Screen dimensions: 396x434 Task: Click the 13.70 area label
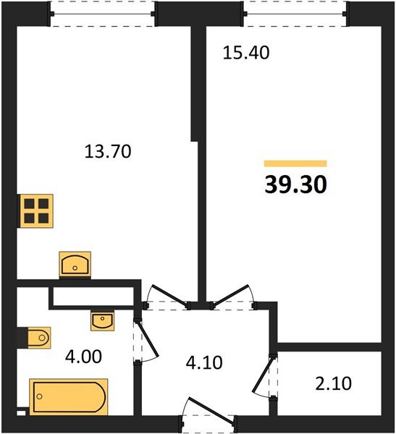point(108,152)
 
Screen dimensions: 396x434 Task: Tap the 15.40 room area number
point(246,53)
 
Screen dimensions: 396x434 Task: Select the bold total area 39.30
point(295,184)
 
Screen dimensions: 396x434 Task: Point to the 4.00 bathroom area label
point(83,357)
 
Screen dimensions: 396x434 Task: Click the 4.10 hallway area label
point(204,362)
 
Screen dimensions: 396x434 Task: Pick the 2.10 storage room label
point(333,383)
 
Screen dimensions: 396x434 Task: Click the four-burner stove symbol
point(36,211)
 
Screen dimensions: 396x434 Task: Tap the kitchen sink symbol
point(75,264)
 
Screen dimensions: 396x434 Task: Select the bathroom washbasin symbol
point(103,321)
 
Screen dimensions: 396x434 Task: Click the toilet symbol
point(38,338)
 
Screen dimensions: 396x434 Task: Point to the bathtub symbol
point(69,397)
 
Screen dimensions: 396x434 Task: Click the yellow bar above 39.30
point(295,163)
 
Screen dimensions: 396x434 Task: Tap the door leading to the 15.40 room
point(232,296)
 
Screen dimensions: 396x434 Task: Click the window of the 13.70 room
point(102,14)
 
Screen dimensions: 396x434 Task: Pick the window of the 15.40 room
point(295,14)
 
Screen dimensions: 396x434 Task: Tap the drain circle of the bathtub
point(40,396)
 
